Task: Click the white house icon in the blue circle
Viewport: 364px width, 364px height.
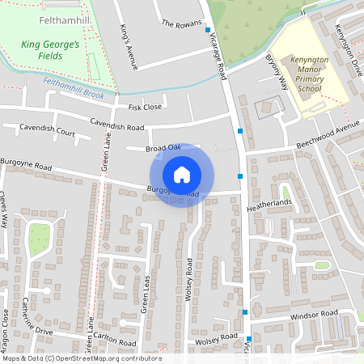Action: tap(182, 175)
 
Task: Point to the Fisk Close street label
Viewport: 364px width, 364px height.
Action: tap(145, 107)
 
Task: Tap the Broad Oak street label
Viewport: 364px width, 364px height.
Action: tap(163, 147)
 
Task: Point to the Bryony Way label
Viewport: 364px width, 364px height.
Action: tap(277, 71)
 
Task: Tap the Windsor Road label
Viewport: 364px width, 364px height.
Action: tap(313, 314)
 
